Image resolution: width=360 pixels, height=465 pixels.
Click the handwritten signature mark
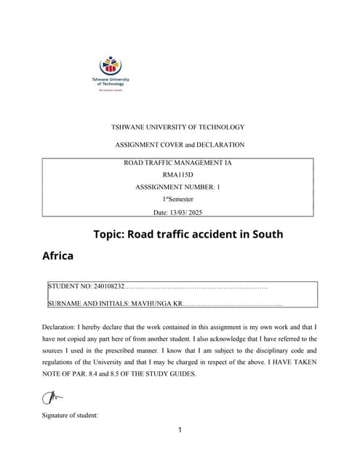click(x=52, y=397)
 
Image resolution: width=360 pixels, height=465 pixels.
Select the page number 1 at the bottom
click(x=180, y=429)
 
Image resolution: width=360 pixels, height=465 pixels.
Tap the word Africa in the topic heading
click(x=58, y=256)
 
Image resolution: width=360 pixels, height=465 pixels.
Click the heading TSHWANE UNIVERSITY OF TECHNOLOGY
click(x=177, y=127)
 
